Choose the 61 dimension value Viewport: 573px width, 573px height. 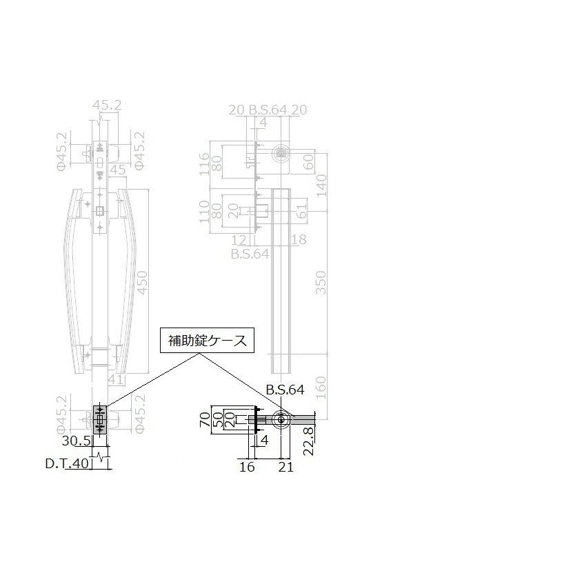point(301,212)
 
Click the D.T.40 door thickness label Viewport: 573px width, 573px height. point(68,463)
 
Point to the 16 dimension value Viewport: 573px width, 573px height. point(246,467)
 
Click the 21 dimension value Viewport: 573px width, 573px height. point(285,467)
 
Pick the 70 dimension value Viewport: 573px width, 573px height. point(204,420)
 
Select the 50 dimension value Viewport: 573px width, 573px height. point(217,420)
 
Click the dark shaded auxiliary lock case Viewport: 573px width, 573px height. point(100,419)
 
